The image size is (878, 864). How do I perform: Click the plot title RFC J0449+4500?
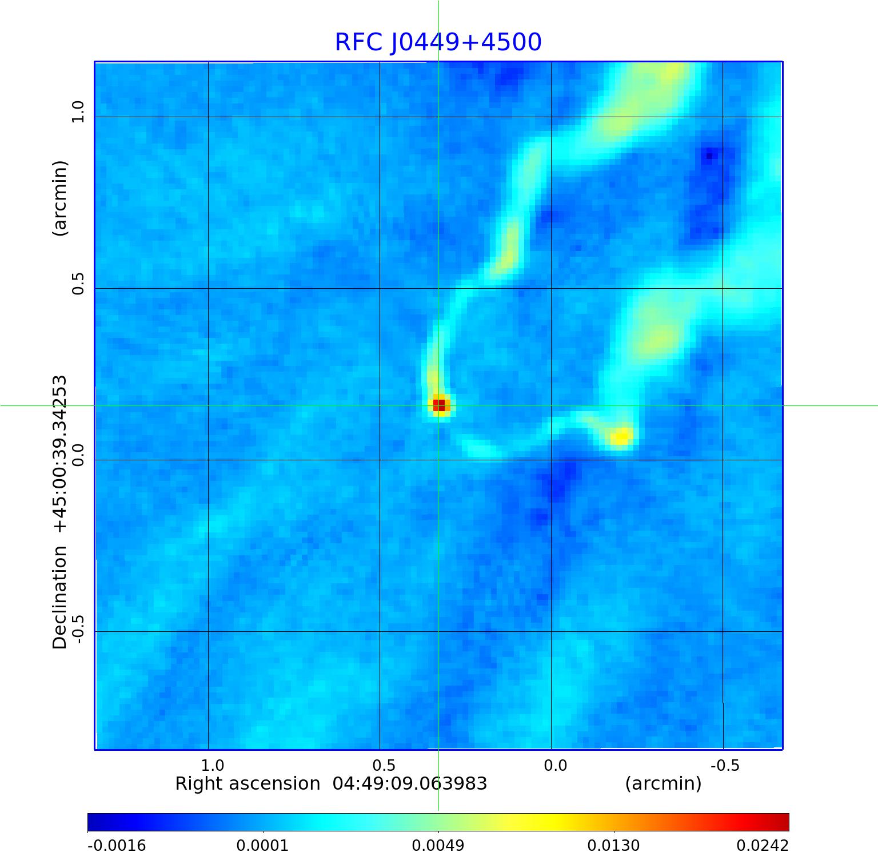[438, 42]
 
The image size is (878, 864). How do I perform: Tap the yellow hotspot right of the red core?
[620, 437]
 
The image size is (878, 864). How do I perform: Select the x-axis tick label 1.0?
[213, 765]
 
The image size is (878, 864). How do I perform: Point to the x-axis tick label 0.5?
[384, 765]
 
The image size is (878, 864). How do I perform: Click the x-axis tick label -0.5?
[725, 765]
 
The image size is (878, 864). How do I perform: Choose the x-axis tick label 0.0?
[555, 765]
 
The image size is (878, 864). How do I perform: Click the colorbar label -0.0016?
[117, 846]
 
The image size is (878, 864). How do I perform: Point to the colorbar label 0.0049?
[438, 846]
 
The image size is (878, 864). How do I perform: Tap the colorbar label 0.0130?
[614, 846]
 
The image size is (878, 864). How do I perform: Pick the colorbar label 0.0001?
[262, 846]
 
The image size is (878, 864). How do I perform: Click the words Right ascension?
[248, 783]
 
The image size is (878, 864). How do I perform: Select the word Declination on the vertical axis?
[60, 598]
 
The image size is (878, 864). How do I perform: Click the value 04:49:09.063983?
[410, 783]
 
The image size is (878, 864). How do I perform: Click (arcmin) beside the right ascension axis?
[663, 783]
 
